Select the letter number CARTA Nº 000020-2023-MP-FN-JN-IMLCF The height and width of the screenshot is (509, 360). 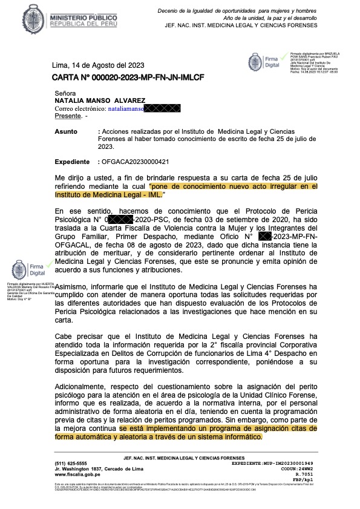[x=119, y=78]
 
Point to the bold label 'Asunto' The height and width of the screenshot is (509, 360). [x=66, y=131]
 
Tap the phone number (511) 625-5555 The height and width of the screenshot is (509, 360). [x=71, y=463]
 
